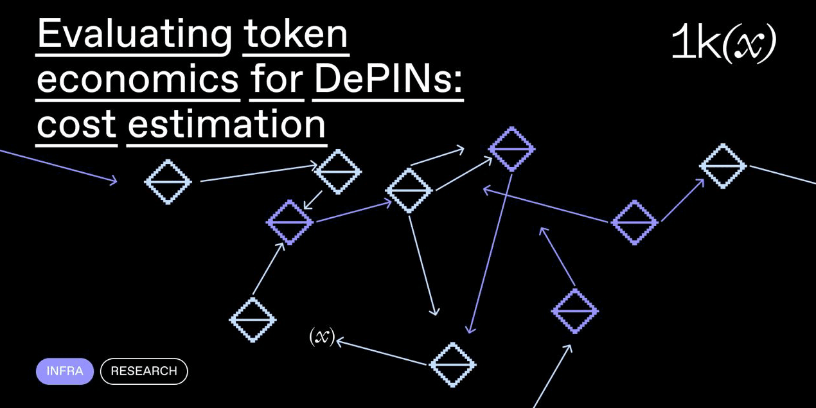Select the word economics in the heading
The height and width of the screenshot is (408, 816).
click(137, 79)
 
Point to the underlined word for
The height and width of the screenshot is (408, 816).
click(276, 79)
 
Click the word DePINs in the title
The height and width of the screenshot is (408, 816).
click(387, 79)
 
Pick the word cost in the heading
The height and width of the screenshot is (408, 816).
click(76, 123)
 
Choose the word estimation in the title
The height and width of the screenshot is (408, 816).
click(226, 123)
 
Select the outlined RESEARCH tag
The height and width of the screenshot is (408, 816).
click(144, 371)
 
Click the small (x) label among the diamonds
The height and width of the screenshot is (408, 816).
click(322, 337)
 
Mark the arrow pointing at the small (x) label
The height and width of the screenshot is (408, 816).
click(382, 352)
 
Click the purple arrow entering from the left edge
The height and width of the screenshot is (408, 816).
click(58, 166)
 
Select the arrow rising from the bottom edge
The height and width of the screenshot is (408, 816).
click(553, 376)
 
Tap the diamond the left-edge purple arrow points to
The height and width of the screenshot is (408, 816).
click(168, 182)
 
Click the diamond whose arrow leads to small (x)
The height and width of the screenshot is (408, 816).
click(452, 365)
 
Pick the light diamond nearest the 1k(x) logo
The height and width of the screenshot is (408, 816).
click(723, 166)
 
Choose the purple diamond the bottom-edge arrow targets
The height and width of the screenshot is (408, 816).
click(575, 311)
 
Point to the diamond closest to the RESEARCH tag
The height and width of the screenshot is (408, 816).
click(253, 319)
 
